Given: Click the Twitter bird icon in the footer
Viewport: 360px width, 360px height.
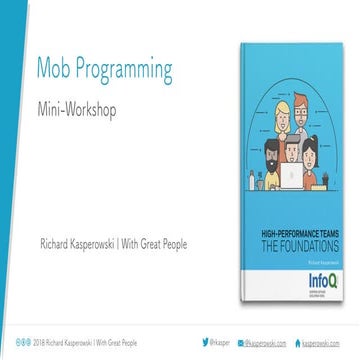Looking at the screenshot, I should (219, 341).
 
